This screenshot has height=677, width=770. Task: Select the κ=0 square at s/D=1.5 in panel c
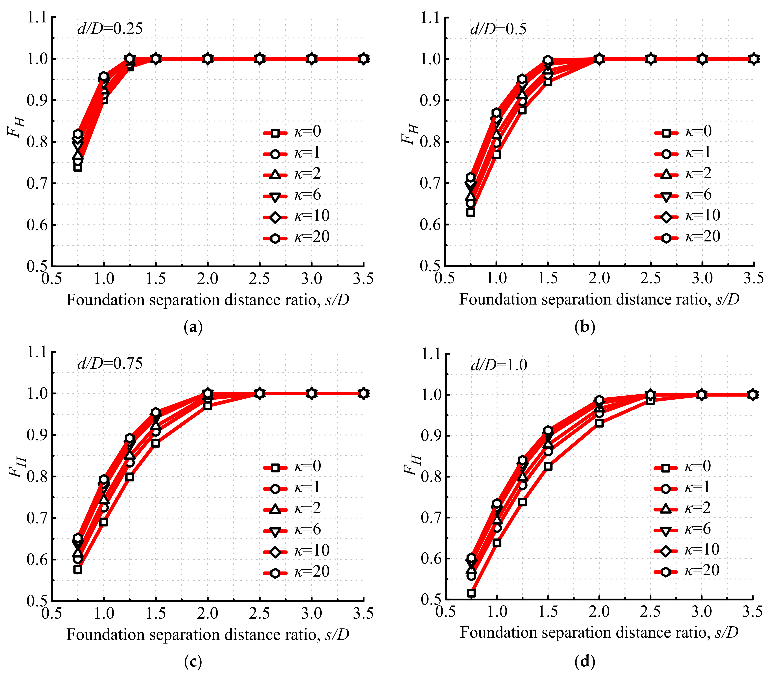tap(156, 444)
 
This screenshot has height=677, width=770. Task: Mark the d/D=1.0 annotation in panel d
tap(499, 365)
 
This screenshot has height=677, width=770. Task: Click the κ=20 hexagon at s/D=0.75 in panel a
tap(78, 134)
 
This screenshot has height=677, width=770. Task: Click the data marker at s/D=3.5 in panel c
tap(363, 393)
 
